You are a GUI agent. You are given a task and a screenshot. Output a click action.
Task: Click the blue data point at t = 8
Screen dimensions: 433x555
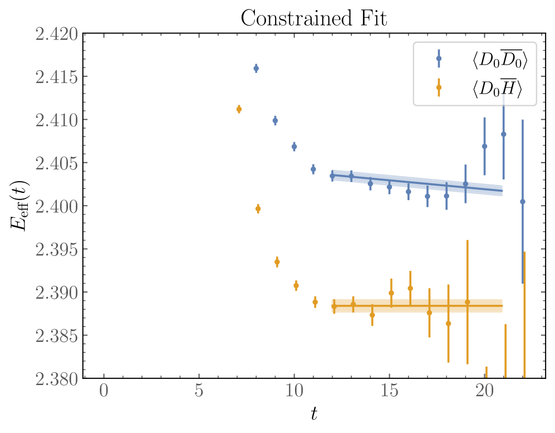coord(256,69)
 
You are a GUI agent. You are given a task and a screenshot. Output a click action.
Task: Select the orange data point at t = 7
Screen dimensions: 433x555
coord(239,109)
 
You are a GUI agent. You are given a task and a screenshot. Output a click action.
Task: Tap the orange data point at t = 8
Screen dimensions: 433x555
coord(258,209)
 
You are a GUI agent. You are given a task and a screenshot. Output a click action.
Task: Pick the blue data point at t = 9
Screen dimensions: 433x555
coord(275,120)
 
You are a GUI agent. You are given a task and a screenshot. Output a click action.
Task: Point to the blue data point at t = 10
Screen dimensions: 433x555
coord(294,147)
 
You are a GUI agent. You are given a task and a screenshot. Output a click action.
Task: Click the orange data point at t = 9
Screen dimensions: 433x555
coord(277,262)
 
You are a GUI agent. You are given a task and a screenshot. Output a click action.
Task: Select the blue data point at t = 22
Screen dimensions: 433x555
coord(522,202)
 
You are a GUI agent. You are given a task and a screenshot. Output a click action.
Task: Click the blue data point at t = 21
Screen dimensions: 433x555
coord(504,134)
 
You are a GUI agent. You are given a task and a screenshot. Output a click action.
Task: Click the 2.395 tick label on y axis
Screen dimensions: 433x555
coord(55,250)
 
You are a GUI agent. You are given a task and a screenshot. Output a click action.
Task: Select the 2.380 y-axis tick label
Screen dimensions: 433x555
coord(55,379)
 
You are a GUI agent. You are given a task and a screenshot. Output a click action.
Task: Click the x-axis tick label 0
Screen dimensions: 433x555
coord(104,391)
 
